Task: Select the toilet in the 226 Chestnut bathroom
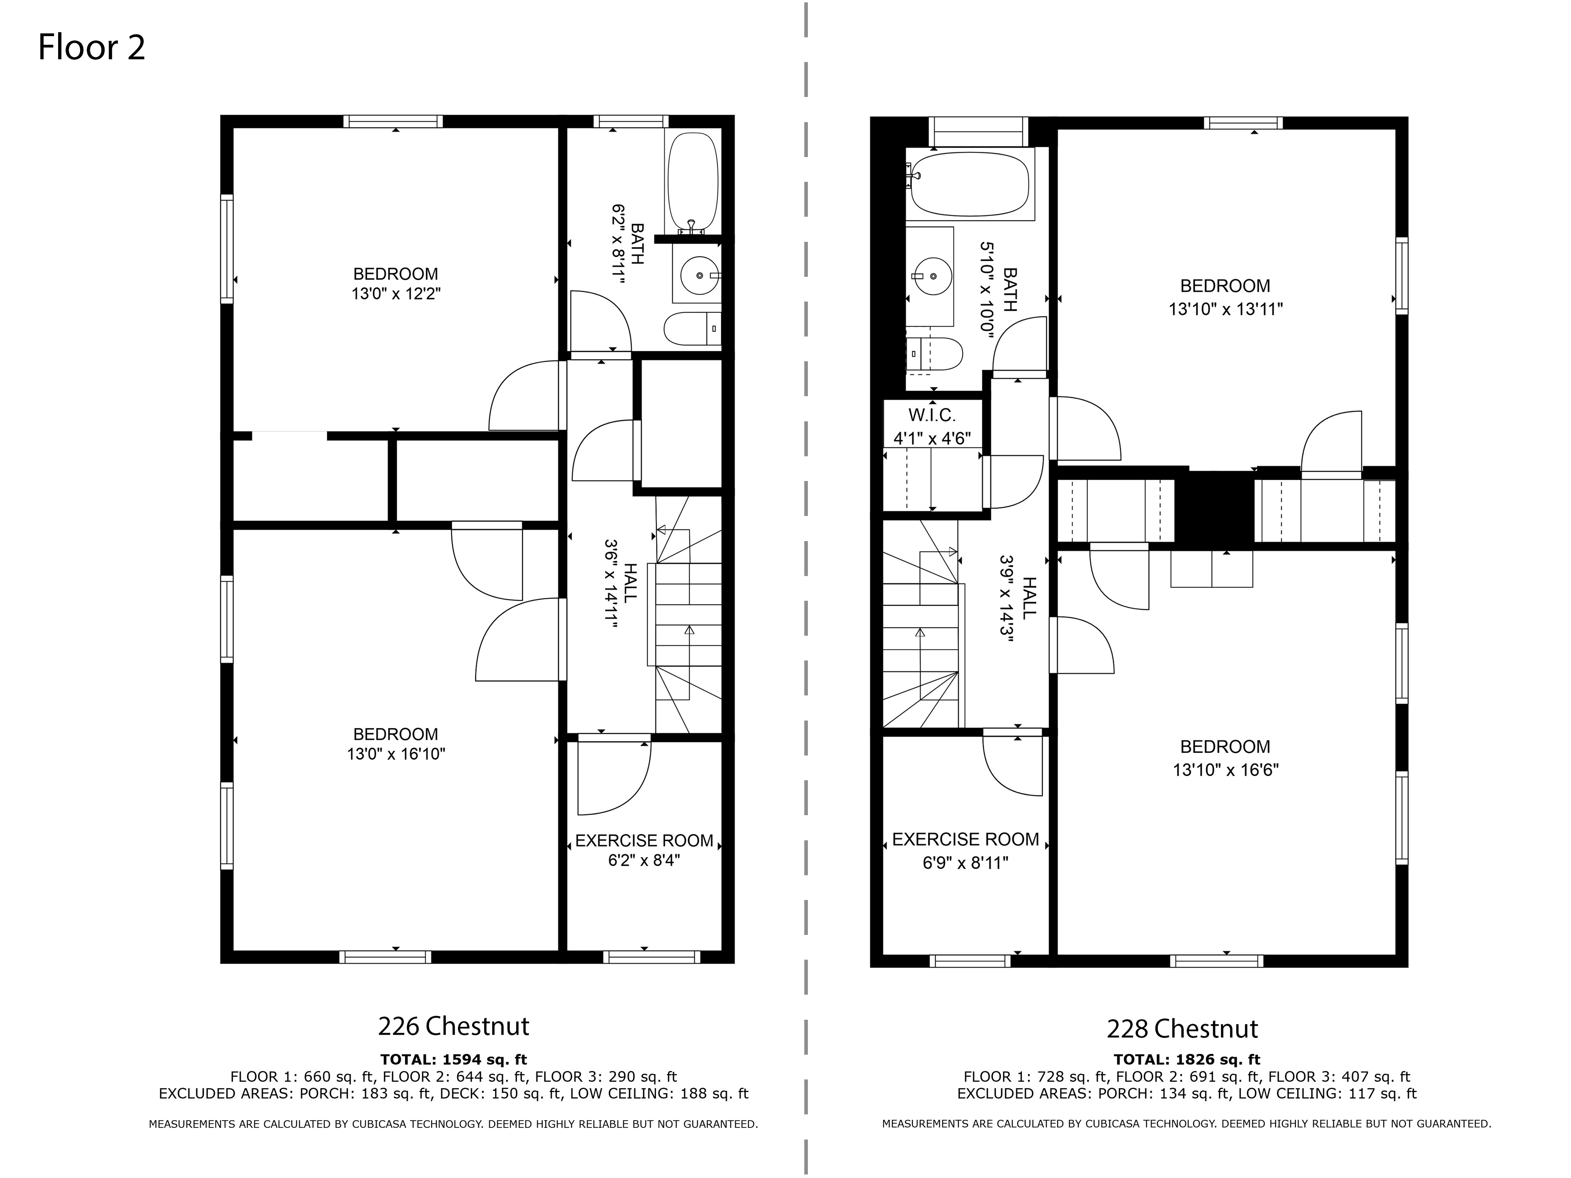point(692,329)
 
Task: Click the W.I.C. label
point(932,415)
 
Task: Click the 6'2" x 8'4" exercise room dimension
point(644,861)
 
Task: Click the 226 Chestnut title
point(454,1026)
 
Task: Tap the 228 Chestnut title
point(1183,1029)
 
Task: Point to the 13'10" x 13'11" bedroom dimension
point(1226,309)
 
